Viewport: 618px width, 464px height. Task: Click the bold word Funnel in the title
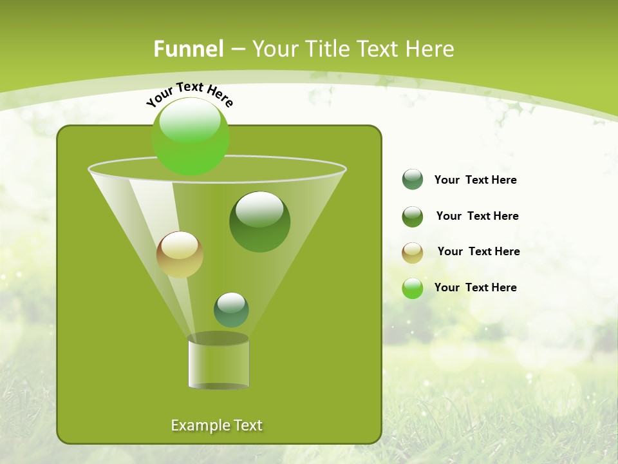[x=188, y=49]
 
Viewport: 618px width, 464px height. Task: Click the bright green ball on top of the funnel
[x=190, y=137]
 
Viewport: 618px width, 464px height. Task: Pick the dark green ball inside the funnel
[x=259, y=222]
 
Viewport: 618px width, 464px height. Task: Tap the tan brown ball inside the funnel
[x=180, y=255]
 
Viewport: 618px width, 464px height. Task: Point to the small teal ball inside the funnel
[x=231, y=309]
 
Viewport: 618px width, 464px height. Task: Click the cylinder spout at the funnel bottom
[x=218, y=362]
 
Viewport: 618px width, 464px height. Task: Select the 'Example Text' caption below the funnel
[x=216, y=425]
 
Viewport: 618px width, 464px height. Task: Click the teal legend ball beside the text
[x=413, y=180]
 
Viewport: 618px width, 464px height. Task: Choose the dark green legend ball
[x=413, y=217]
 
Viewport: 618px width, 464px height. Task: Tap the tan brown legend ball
[x=413, y=253]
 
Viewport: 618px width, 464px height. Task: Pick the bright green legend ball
[x=413, y=288]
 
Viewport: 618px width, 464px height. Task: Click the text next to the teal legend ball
[x=475, y=180]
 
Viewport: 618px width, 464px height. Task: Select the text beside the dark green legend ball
[x=477, y=217]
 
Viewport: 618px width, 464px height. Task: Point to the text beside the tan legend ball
[x=478, y=252]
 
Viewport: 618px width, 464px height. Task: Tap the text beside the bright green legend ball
[x=475, y=287]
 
